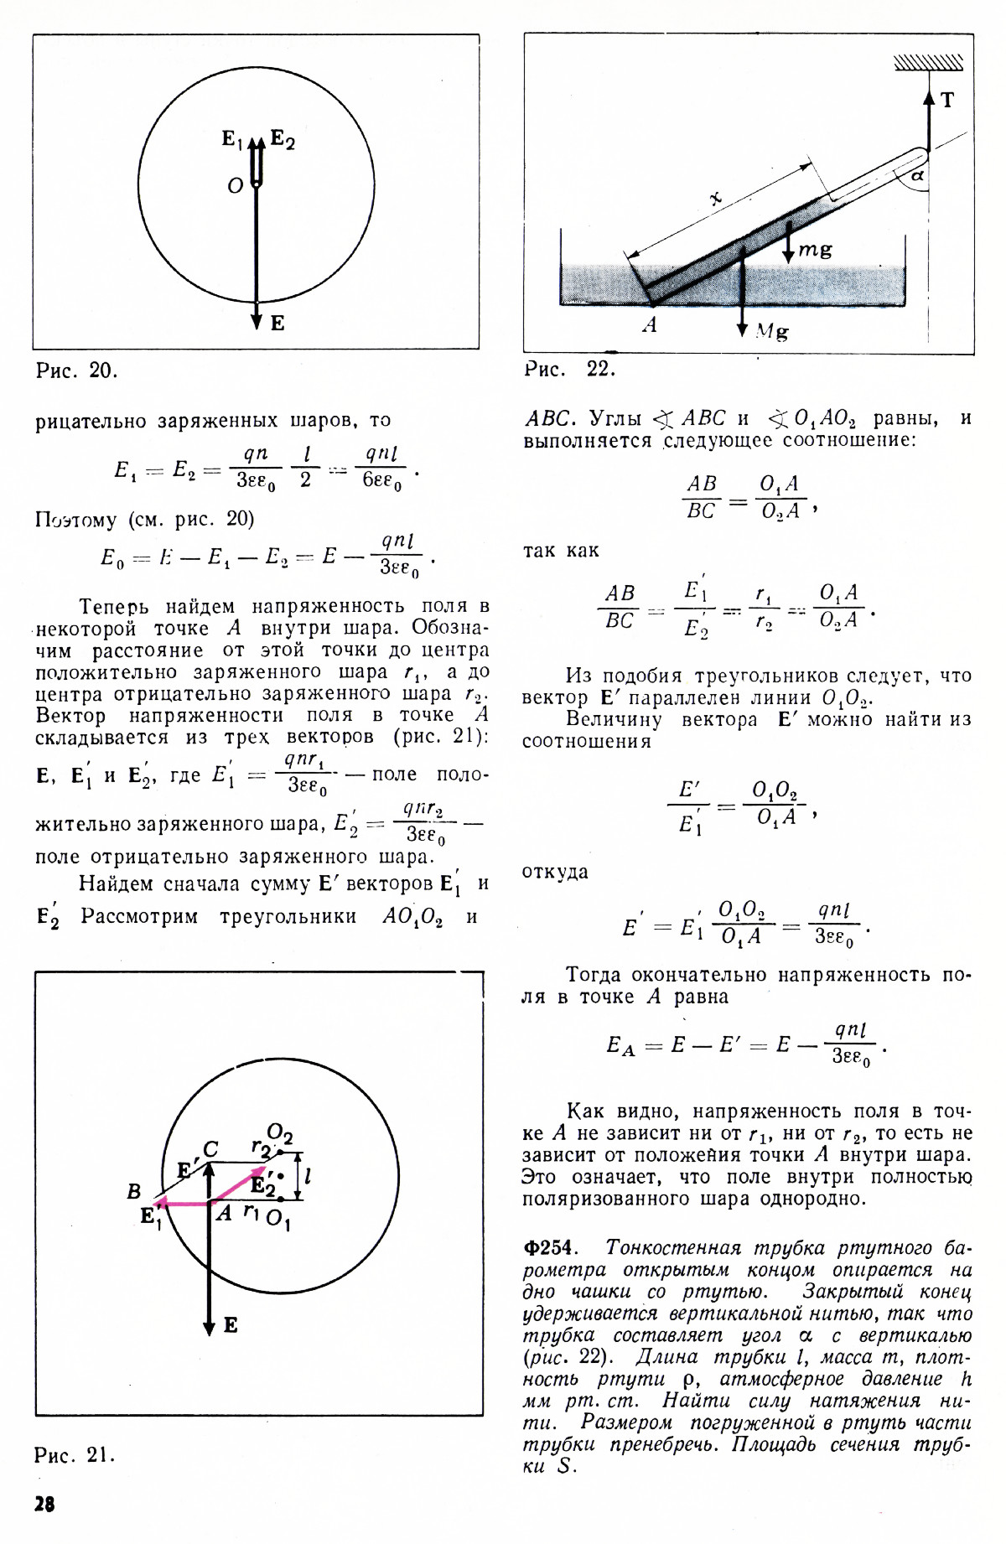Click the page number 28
(44, 1504)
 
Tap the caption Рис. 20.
(76, 370)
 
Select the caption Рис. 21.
(74, 1454)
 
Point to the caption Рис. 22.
(569, 369)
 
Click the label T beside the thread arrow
(947, 101)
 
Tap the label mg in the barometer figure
(815, 249)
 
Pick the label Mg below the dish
(771, 331)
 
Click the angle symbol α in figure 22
(916, 175)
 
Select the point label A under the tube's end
(650, 326)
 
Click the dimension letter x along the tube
(715, 199)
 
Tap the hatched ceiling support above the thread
(928, 63)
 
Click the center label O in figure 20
(236, 185)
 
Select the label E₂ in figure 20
(283, 141)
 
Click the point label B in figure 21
(134, 1191)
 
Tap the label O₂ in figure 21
(280, 1134)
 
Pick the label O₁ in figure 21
(278, 1220)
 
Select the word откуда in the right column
(555, 872)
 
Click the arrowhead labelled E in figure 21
(210, 1327)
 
